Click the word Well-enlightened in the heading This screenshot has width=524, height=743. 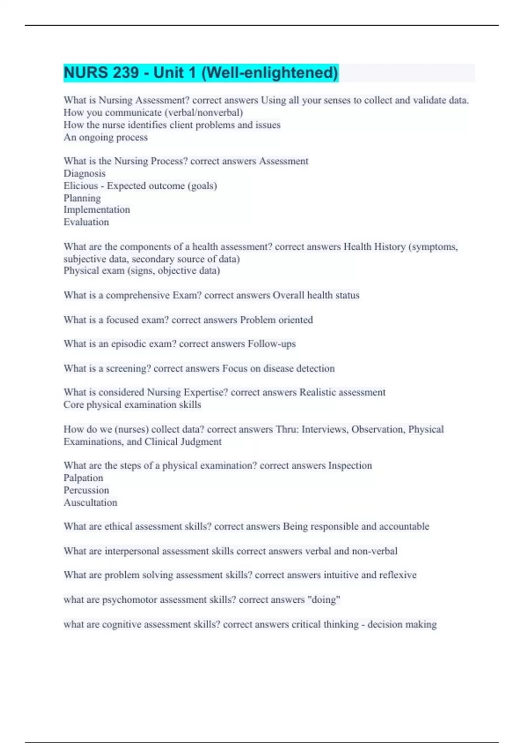pyautogui.click(x=269, y=73)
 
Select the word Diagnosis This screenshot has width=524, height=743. pyautogui.click(x=84, y=174)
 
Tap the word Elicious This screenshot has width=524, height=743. pyautogui.click(x=80, y=186)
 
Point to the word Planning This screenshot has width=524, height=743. pyautogui.click(x=82, y=198)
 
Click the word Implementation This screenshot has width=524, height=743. pyautogui.click(x=97, y=210)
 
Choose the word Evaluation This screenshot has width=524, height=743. pyautogui.click(x=86, y=222)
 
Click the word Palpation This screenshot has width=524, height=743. pyautogui.click(x=83, y=478)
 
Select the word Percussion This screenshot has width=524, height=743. pyautogui.click(x=86, y=490)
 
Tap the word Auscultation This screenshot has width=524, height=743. pyautogui.click(x=90, y=503)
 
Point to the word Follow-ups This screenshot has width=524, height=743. pyautogui.click(x=272, y=344)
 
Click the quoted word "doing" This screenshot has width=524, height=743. pyautogui.click(x=324, y=600)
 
